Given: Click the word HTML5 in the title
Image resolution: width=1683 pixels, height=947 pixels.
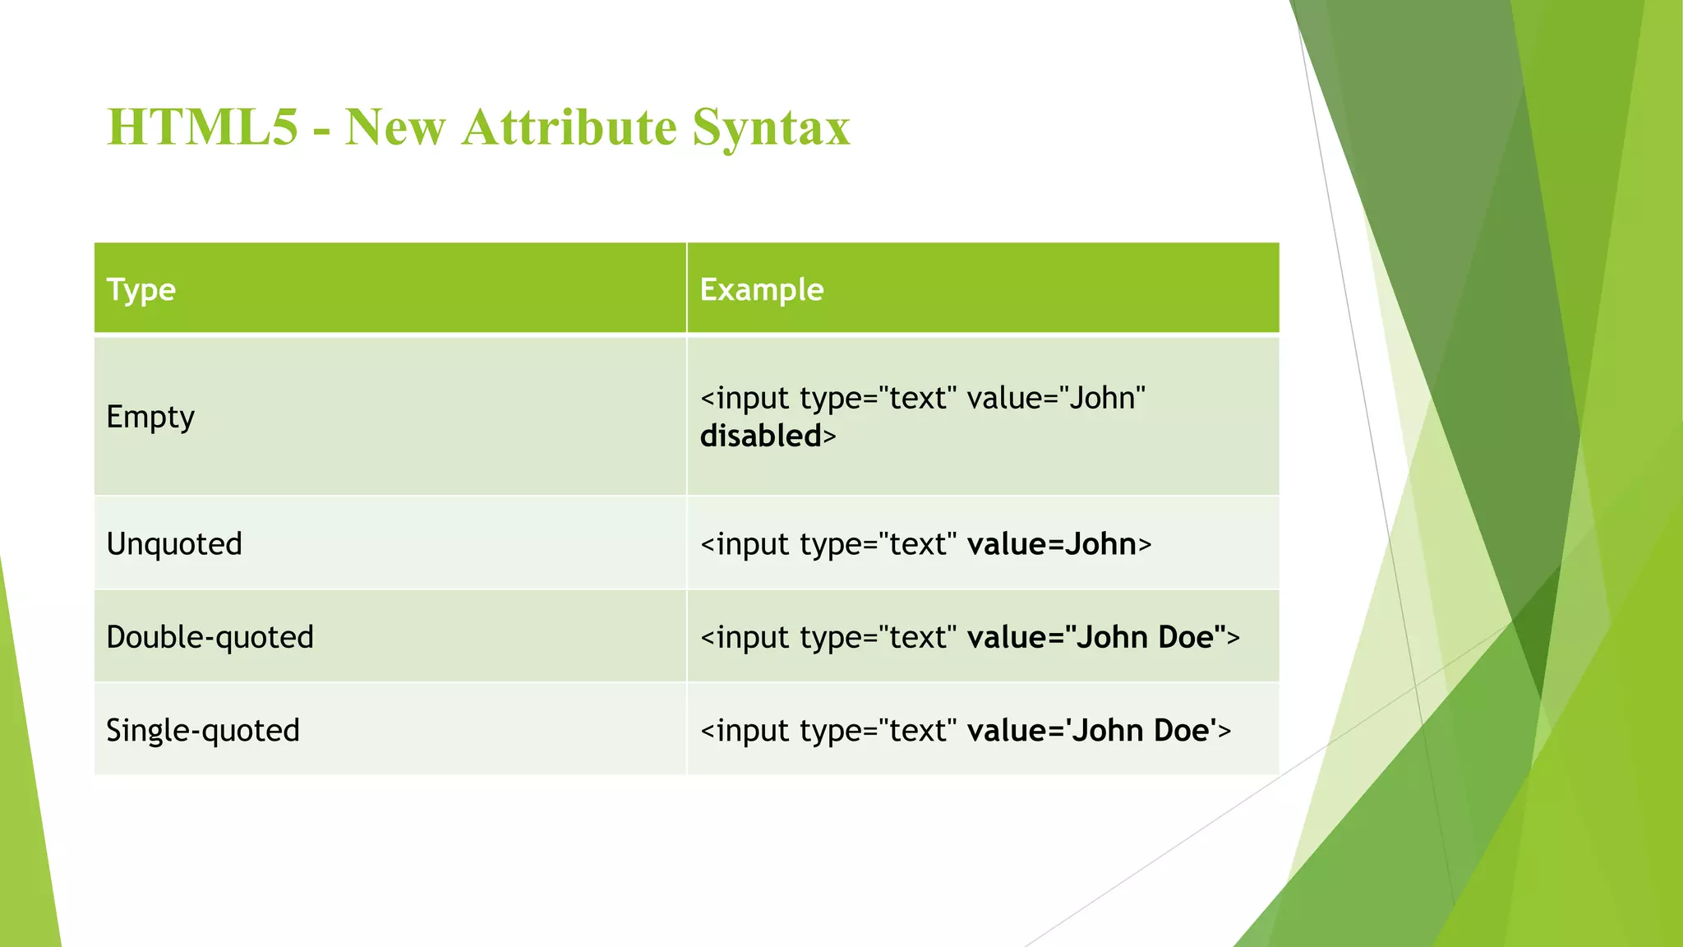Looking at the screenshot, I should pos(202,127).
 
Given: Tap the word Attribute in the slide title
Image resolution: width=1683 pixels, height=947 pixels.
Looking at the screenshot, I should pos(569,127).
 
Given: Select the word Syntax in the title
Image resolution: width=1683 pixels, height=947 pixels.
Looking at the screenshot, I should pos(770,127).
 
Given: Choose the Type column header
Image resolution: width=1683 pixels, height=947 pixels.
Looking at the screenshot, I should pos(141,289).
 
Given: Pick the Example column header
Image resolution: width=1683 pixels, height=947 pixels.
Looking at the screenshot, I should pos(762,289).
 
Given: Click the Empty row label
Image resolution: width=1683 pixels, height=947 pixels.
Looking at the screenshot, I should pos(150,417).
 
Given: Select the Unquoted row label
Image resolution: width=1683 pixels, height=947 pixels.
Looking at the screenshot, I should pos(174,544).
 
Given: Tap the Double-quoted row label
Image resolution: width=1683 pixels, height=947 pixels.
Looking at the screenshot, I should pos(210,637).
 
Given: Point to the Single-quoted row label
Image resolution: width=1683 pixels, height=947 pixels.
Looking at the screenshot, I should pos(203,730).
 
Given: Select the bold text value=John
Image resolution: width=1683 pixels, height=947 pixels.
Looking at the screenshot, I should pos(1052,544).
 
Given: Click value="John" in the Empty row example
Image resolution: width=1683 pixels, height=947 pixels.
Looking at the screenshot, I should pos(1056,399).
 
